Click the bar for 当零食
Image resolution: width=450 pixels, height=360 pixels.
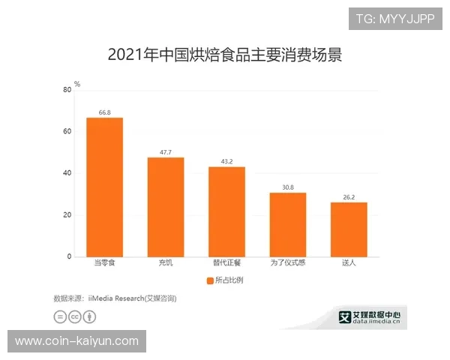point(104,187)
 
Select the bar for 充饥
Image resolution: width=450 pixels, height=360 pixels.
point(166,207)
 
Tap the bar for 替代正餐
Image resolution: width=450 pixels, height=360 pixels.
point(226,211)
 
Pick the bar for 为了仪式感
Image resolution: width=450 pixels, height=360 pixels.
point(288,224)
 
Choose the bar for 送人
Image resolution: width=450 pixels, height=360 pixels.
point(349,229)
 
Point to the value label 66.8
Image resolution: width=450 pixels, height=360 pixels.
point(104,112)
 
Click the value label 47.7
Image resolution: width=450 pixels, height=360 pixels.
point(166,152)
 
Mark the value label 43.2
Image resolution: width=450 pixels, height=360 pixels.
point(226,162)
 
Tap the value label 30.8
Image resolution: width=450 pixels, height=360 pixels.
point(288,187)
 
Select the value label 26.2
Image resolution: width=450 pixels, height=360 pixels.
point(349,197)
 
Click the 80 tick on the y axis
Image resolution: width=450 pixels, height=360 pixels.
point(67,90)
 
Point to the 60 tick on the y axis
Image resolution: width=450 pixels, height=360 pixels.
point(67,132)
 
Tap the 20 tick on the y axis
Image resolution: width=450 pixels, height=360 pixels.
point(67,215)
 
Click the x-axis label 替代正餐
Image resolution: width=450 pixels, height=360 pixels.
point(226,264)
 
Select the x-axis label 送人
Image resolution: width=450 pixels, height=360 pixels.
point(349,264)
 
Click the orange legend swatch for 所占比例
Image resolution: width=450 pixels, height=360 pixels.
point(209,280)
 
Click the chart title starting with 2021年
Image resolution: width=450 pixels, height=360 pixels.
point(225,55)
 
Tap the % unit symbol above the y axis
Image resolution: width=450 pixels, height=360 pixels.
point(76,84)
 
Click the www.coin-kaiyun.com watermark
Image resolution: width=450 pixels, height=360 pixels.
point(76,341)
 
